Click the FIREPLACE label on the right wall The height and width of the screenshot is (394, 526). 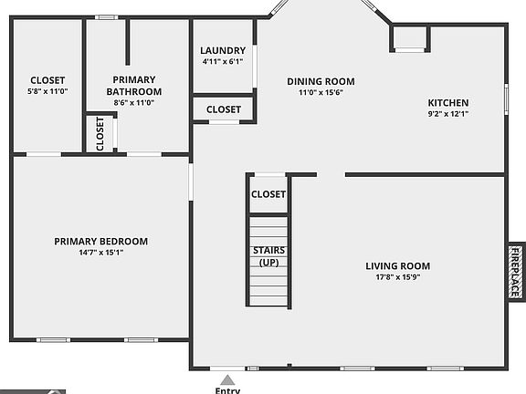[515, 272]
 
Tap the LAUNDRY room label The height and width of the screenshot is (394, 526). [223, 50]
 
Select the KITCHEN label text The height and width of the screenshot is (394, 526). [448, 103]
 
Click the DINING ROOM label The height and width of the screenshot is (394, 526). [321, 81]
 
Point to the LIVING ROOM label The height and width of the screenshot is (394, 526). [397, 266]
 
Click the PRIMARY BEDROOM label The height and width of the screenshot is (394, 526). [100, 242]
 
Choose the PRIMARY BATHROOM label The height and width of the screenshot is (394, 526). [134, 86]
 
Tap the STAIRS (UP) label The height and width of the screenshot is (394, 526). [268, 256]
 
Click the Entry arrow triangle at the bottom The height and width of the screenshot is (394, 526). [227, 378]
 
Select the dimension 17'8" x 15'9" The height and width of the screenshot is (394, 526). [397, 277]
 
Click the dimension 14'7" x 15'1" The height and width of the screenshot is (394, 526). [100, 253]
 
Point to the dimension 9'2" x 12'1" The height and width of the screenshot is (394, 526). [448, 115]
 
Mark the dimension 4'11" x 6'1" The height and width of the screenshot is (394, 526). [223, 62]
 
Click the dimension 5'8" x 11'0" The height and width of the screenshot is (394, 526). [47, 92]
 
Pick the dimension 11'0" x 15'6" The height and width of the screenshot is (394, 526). [321, 92]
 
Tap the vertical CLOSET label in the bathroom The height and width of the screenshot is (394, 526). [100, 133]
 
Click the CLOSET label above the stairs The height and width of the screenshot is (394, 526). [268, 194]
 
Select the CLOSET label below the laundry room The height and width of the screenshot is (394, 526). [224, 109]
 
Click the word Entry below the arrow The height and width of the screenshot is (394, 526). [227, 390]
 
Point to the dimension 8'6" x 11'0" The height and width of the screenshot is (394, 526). [134, 103]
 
